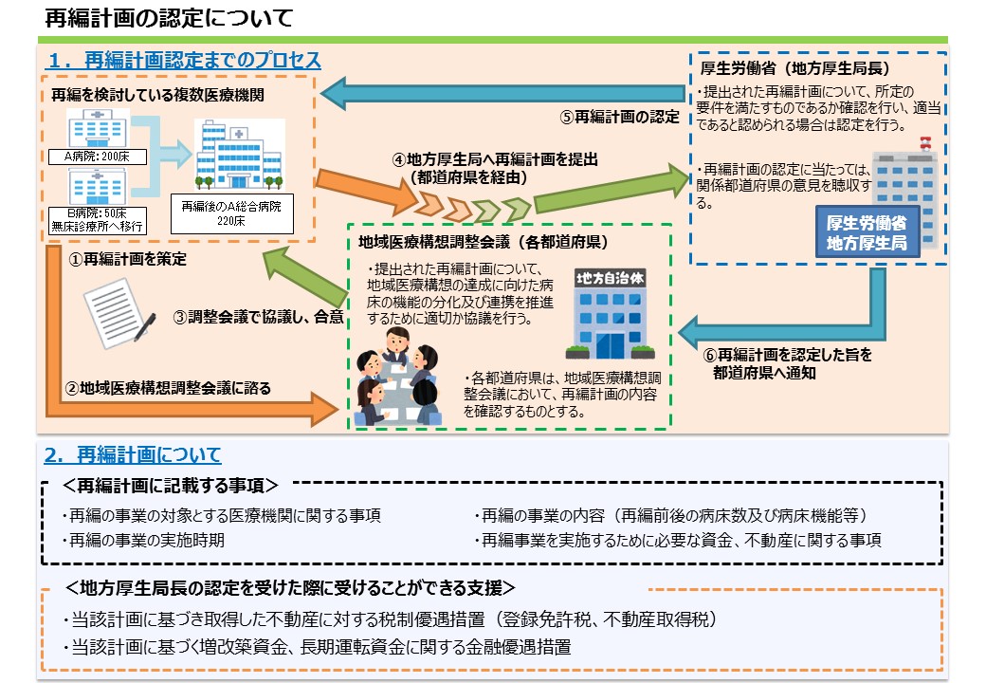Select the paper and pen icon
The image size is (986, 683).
pyautogui.click(x=119, y=309)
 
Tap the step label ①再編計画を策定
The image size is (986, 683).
pyautogui.click(x=125, y=259)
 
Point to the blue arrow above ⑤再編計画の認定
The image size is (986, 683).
pyautogui.click(x=502, y=94)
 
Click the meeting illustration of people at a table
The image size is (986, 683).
pyautogui.click(x=399, y=387)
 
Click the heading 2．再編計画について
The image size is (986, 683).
pyautogui.click(x=133, y=454)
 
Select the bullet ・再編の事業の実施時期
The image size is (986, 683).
pyautogui.click(x=150, y=541)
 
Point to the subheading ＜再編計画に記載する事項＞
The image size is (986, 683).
pyautogui.click(x=171, y=487)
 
